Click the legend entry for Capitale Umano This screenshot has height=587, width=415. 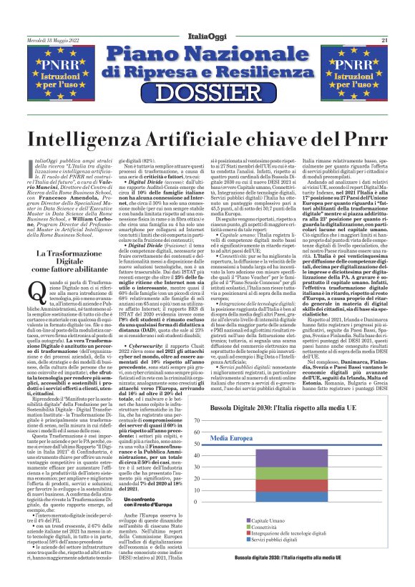[x=269, y=540]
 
